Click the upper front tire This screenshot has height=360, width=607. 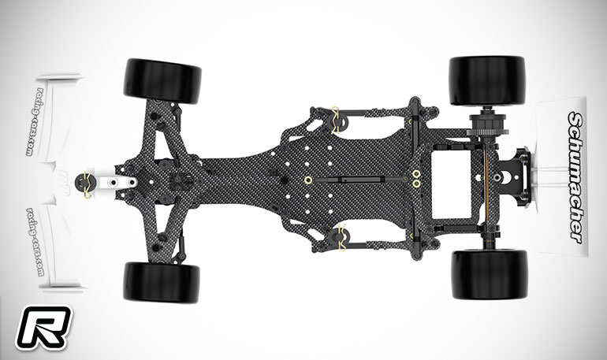click(x=162, y=81)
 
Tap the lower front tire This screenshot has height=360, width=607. click(x=162, y=282)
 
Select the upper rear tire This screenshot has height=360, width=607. click(x=487, y=81)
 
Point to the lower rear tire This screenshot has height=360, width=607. click(x=490, y=275)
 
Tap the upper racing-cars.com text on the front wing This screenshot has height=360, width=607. click(x=34, y=122)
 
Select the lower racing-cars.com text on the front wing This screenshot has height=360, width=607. click(x=35, y=242)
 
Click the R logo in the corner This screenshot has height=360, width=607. click(x=43, y=328)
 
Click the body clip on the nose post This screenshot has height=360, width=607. click(x=87, y=184)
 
